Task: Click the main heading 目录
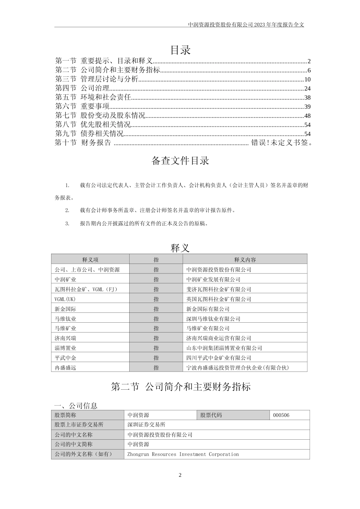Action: [180, 50]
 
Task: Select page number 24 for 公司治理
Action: [307, 89]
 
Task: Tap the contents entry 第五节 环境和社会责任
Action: [93, 97]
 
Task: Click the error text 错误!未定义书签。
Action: [282, 143]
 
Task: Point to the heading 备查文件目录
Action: [180, 161]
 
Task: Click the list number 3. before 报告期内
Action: [67, 223]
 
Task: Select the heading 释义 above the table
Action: [180, 248]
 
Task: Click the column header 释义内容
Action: [245, 260]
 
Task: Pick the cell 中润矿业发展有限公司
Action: [213, 279]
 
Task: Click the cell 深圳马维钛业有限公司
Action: [213, 319]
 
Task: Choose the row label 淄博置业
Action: [66, 348]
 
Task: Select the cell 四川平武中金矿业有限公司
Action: [219, 358]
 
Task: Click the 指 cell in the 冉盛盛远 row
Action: [156, 368]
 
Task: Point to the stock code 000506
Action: [281, 415]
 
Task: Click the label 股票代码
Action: [211, 415]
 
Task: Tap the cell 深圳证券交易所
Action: [147, 425]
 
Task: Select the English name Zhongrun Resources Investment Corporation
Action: [183, 454]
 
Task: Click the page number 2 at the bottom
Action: [180, 475]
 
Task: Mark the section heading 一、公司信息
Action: [76, 406]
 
